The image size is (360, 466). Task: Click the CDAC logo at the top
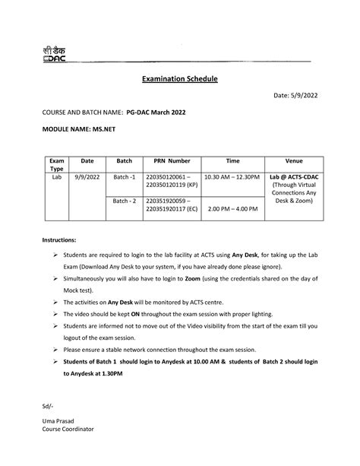pyautogui.click(x=55, y=52)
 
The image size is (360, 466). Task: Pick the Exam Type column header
pyautogui.click(x=56, y=165)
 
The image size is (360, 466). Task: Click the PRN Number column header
pyautogui.click(x=172, y=160)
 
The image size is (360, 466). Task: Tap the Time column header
pyautogui.click(x=232, y=160)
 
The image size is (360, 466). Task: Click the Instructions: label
pyautogui.click(x=59, y=239)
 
